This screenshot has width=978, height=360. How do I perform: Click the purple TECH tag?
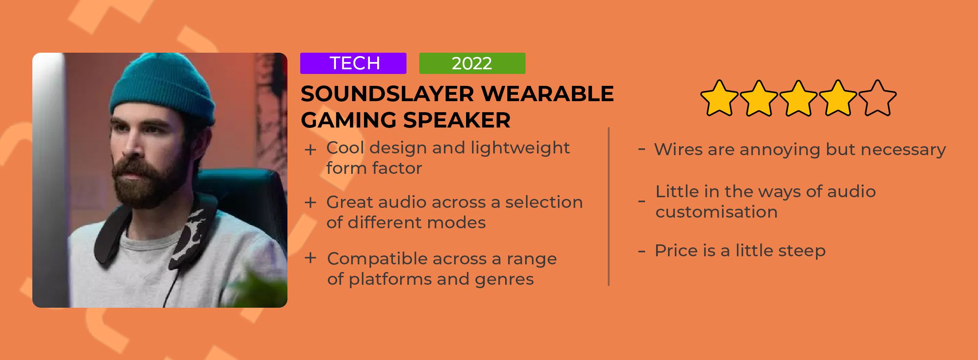point(353,63)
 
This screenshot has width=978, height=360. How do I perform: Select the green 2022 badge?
point(472,63)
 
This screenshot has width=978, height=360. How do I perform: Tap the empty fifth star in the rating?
point(878,98)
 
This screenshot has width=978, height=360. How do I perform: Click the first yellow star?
point(719,98)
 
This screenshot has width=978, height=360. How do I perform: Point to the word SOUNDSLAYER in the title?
point(387,94)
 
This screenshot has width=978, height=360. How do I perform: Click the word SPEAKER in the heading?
point(457,120)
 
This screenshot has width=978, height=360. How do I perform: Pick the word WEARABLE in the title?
point(548,94)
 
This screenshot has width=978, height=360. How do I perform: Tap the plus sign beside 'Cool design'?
point(310,150)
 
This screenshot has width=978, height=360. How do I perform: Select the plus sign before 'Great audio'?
point(310,203)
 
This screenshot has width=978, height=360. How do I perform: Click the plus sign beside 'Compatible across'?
point(310,258)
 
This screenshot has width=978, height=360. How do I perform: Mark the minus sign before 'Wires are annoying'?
point(642,149)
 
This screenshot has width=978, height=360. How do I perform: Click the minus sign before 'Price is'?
point(642,251)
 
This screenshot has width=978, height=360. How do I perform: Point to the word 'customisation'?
point(716,212)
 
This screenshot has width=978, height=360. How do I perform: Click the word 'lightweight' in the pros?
point(520,148)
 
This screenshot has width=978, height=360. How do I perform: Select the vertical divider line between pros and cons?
point(609,207)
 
